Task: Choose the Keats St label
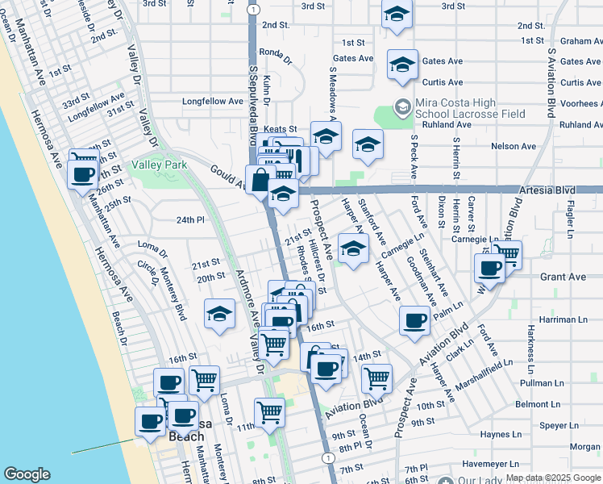pos(281,129)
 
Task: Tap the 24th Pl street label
pos(191,219)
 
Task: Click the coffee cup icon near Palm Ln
pos(415,320)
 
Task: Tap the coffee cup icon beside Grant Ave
pos(489,268)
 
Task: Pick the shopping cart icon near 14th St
pos(376,377)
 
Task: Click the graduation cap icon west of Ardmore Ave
pos(218,315)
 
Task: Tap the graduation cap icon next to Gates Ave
pos(402,65)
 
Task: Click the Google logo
pos(27,474)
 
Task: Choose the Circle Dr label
pos(148,273)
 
